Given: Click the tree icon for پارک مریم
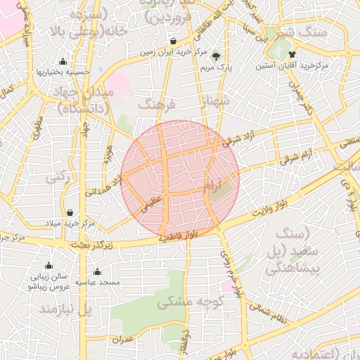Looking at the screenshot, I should (216, 56).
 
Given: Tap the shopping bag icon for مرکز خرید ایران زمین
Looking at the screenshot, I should (173, 41).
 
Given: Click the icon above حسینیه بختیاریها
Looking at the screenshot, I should (63, 61).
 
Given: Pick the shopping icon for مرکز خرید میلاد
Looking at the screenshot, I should (70, 212).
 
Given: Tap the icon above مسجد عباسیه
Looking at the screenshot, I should (97, 271).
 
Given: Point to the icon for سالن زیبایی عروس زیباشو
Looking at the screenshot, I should (49, 266).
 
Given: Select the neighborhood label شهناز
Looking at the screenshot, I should (215, 103).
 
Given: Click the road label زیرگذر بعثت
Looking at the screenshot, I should (91, 245).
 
